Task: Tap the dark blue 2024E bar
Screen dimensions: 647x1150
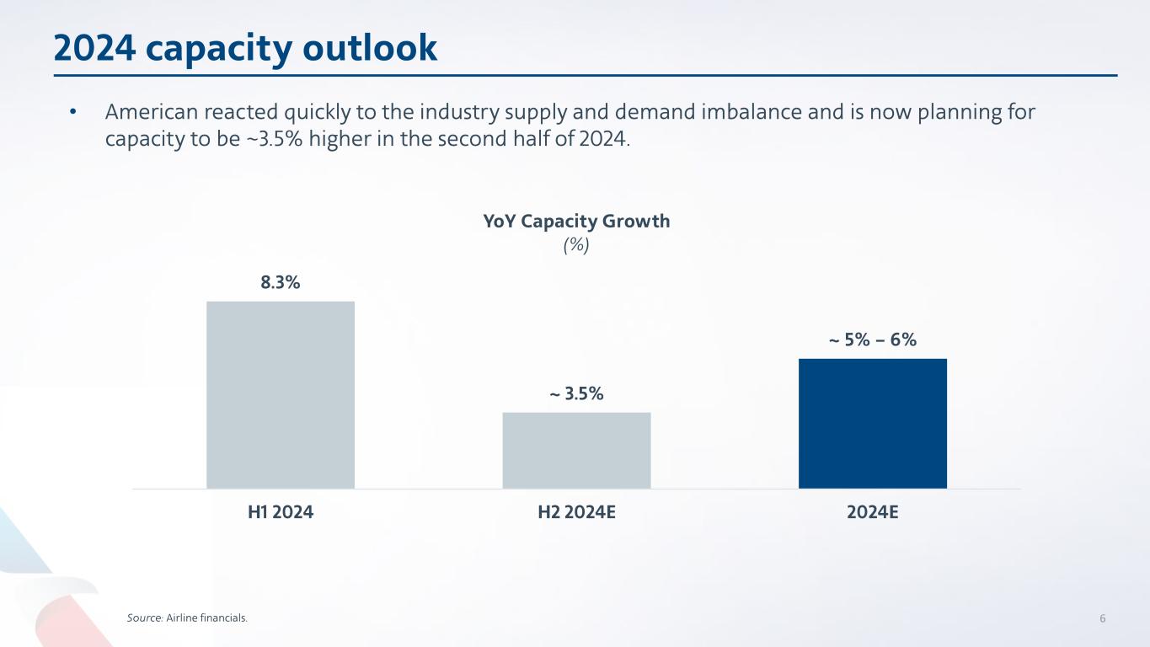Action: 872,423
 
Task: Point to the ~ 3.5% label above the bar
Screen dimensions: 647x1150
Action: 576,393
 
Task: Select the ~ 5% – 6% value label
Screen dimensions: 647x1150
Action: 872,340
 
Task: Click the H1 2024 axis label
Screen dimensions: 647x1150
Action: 280,511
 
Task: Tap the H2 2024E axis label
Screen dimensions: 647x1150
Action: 576,511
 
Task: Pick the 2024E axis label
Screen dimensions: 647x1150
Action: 872,511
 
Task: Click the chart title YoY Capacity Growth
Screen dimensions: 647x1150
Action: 576,222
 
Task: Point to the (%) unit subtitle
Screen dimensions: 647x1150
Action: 576,244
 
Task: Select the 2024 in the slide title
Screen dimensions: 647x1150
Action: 94,48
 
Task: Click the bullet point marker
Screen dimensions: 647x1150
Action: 73,113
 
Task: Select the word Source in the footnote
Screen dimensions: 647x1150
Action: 139,618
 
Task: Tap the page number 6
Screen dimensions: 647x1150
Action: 1102,618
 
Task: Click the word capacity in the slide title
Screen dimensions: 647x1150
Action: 220,48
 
